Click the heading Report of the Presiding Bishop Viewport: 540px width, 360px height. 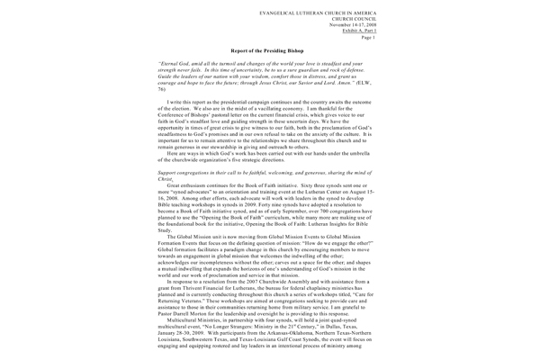(269, 53)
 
